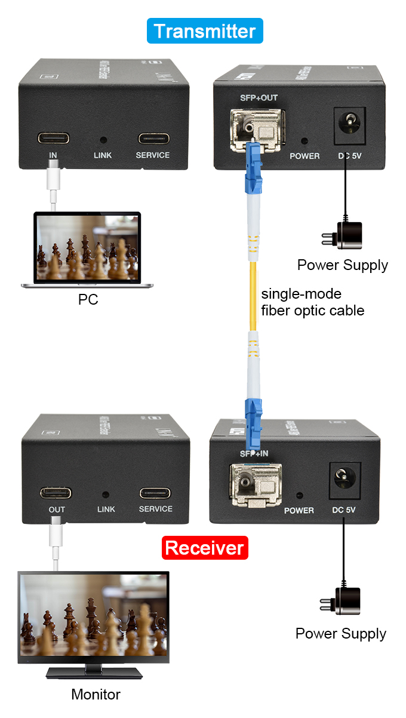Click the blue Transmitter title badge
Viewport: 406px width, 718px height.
[x=205, y=30]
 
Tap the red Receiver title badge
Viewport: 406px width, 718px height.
[x=204, y=548]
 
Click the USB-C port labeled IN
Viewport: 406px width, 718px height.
[x=53, y=139]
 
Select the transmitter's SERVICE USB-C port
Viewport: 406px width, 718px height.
[x=153, y=139]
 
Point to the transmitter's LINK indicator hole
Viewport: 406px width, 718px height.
[x=103, y=140]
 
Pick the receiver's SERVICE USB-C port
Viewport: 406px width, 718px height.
[x=155, y=493]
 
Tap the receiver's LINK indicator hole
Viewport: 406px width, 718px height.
[x=106, y=495]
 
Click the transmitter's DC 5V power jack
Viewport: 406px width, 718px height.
[x=345, y=125]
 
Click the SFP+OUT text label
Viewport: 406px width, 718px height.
[x=255, y=98]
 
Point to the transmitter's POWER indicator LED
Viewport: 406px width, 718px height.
[x=304, y=142]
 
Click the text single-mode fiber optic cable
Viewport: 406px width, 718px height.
[x=312, y=302]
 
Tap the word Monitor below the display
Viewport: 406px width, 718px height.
[x=96, y=695]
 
